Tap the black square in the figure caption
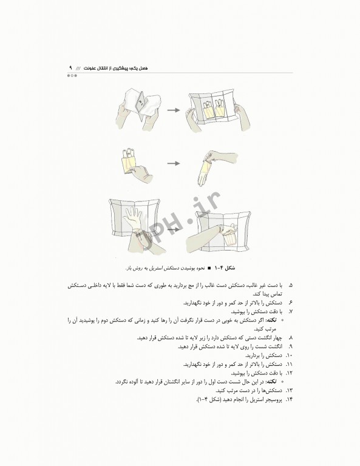pos(209,268)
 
